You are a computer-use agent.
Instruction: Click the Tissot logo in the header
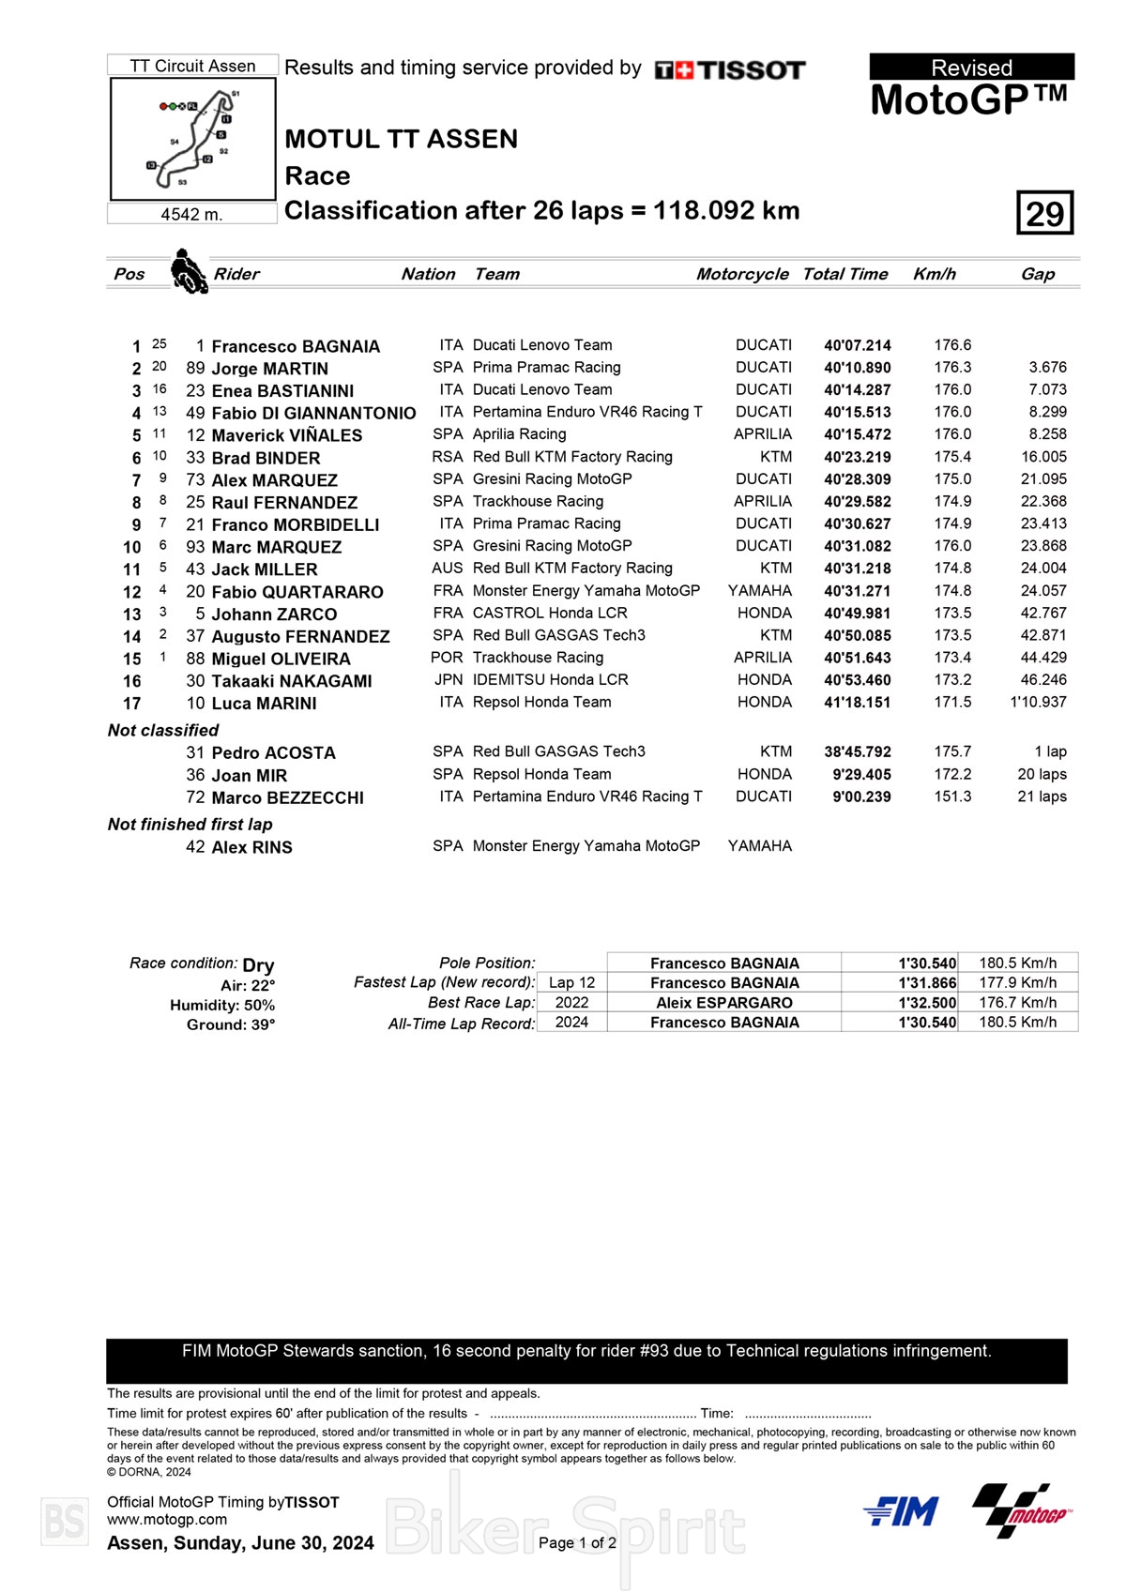tap(730, 70)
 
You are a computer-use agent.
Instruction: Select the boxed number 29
tap(1044, 213)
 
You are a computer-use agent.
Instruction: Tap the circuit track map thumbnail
tap(193, 139)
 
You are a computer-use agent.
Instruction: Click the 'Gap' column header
tap(1038, 274)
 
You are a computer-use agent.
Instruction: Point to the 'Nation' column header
tap(428, 274)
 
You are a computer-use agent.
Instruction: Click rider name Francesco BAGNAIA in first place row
tap(296, 346)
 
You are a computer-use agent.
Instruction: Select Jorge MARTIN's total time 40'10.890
tap(858, 368)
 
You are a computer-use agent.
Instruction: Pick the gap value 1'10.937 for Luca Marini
tap(1038, 702)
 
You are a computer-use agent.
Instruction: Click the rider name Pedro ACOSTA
tap(273, 752)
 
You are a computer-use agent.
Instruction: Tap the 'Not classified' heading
tap(163, 730)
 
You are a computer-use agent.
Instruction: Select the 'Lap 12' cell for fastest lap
tap(571, 982)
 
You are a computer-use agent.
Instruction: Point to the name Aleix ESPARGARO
tap(724, 1003)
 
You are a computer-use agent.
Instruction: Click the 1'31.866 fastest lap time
tap(927, 983)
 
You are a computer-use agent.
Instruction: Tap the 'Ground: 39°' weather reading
tap(231, 1024)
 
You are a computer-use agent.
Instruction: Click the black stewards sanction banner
tap(586, 1360)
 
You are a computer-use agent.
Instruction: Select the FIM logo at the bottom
tap(900, 1511)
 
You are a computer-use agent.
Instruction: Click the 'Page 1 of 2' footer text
tap(577, 1542)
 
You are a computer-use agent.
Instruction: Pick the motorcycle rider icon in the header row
tap(189, 271)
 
